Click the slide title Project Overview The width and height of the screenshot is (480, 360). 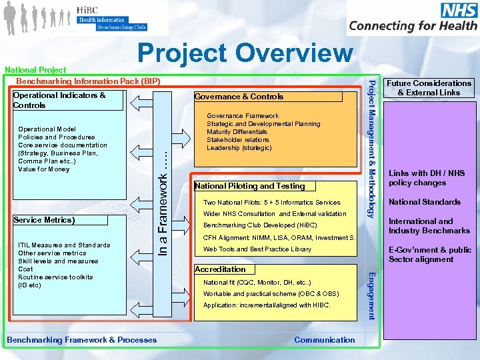[x=245, y=54]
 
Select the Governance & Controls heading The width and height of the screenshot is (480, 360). [x=239, y=97]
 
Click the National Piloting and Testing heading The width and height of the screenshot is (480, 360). [x=249, y=186]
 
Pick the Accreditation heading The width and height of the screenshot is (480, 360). [x=220, y=269]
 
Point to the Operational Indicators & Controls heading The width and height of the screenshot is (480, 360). [x=59, y=100]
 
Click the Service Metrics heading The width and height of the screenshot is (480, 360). [x=44, y=220]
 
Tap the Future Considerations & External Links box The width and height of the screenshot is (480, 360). [x=429, y=88]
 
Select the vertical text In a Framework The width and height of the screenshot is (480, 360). [x=163, y=199]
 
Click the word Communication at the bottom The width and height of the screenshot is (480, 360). [x=325, y=340]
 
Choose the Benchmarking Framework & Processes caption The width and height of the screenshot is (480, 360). [x=82, y=340]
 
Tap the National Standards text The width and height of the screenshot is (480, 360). [x=425, y=202]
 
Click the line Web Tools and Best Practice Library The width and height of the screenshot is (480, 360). [x=257, y=249]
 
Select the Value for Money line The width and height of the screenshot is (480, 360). [x=44, y=169]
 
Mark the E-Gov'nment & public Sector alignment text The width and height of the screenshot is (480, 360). [x=430, y=255]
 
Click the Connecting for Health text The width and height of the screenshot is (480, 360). [x=413, y=26]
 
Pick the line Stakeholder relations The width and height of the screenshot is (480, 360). [x=238, y=140]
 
